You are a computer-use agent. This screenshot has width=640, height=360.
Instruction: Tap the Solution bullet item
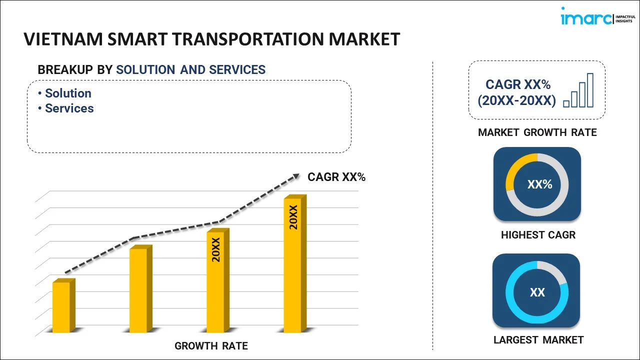[x=68, y=93]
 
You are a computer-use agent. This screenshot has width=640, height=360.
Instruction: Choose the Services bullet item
[x=69, y=108]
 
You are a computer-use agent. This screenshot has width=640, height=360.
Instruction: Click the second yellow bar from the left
[x=138, y=289]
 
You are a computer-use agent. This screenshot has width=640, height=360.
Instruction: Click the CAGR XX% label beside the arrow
[x=336, y=177]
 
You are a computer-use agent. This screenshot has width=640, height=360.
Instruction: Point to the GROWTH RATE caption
[x=211, y=346]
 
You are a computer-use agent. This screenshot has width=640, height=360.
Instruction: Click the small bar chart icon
[x=578, y=91]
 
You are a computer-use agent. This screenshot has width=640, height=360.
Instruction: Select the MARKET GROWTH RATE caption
[x=537, y=132]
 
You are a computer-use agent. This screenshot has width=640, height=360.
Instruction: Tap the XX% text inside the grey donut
[x=539, y=184]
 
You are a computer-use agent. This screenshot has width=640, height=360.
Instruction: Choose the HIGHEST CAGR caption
[x=538, y=235]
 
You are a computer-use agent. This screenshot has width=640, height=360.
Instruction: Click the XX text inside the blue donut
[x=537, y=292]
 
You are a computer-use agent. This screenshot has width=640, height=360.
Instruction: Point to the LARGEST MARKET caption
[x=538, y=340]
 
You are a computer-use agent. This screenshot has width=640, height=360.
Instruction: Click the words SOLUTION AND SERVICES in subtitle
[x=190, y=70]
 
